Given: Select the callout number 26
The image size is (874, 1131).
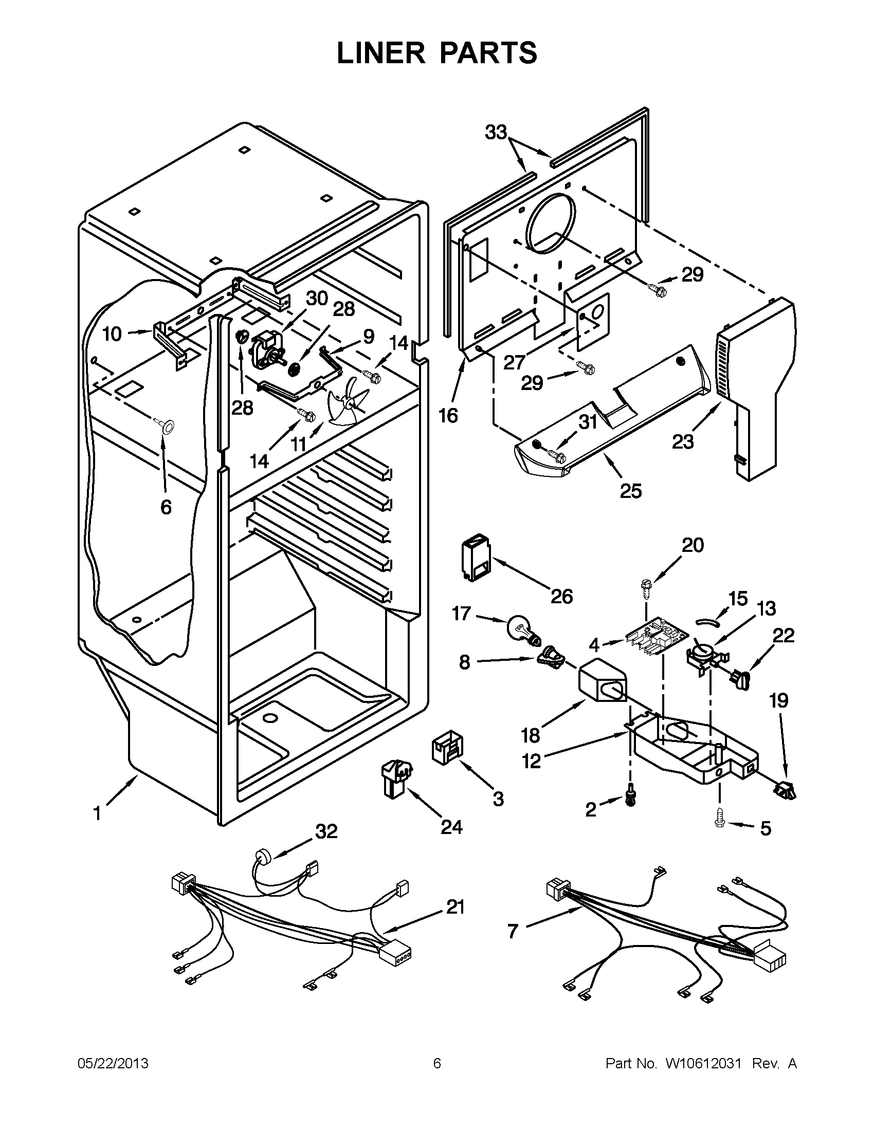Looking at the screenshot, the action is [x=561, y=596].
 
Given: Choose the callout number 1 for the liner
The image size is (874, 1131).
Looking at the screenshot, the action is [x=97, y=814].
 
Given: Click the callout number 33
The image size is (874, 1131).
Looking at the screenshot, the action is [x=496, y=133].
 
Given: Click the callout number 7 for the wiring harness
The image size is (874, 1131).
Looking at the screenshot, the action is [x=513, y=931].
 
